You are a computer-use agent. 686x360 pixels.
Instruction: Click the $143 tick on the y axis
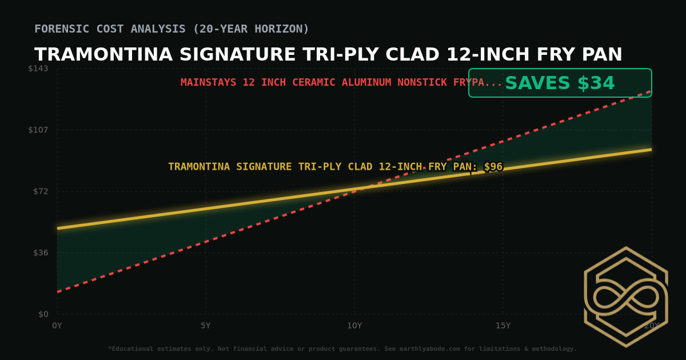pyautogui.click(x=38, y=69)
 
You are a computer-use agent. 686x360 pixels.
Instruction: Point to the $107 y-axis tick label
pyautogui.click(x=38, y=130)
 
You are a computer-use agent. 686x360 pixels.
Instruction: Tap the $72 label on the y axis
pyautogui.click(x=41, y=191)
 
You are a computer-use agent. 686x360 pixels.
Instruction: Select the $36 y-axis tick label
pyautogui.click(x=41, y=253)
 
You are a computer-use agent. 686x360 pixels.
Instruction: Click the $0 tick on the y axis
pyautogui.click(x=43, y=314)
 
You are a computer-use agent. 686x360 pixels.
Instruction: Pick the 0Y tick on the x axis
pyautogui.click(x=57, y=326)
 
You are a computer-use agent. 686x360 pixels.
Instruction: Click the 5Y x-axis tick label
pyautogui.click(x=206, y=326)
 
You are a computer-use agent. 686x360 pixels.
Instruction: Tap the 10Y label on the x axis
pyautogui.click(x=354, y=326)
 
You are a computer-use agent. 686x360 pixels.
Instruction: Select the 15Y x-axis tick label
pyautogui.click(x=503, y=326)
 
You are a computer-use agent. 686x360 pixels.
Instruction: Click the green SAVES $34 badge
pyautogui.click(x=560, y=83)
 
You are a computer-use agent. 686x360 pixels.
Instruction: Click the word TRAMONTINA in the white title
pyautogui.click(x=103, y=55)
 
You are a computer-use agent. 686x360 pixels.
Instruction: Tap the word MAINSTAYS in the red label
pyautogui.click(x=208, y=82)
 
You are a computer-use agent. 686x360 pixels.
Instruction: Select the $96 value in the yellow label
pyautogui.click(x=493, y=167)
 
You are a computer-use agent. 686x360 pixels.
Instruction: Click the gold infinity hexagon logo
pyautogui.click(x=625, y=297)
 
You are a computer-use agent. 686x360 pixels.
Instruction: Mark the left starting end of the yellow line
pyautogui.click(x=58, y=228)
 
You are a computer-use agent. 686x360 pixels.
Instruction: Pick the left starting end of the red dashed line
pyautogui.click(x=58, y=291)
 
